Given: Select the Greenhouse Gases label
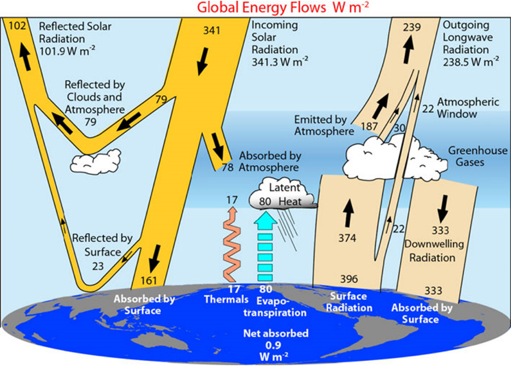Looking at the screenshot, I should coord(470,156).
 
